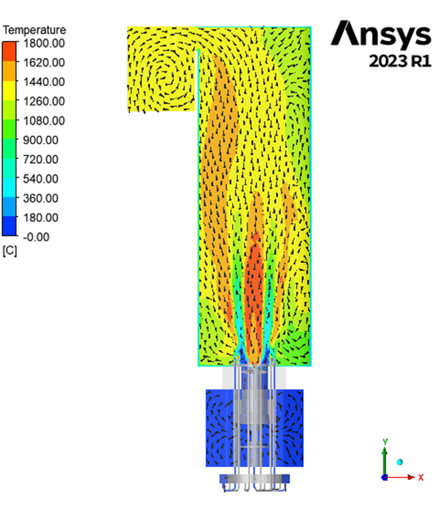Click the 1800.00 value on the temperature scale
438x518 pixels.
44,43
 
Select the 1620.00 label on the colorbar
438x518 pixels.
44,63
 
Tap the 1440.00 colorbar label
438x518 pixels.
44,82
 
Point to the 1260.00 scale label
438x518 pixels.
44,101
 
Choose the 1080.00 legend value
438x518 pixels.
44,121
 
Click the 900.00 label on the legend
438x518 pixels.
41,140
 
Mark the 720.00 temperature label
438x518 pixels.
41,160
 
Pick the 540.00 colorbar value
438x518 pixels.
41,179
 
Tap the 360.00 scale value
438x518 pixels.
41,199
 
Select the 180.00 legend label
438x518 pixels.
41,218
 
